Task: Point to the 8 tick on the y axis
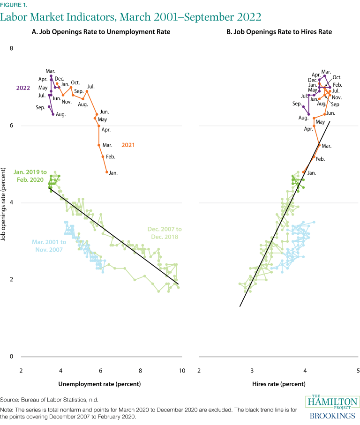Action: tap(12, 49)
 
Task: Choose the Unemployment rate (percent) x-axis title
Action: tap(99, 384)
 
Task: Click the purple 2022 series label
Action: tap(23, 88)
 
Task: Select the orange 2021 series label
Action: tap(128, 145)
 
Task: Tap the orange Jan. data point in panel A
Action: tap(107, 172)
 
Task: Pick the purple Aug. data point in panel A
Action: tap(53, 114)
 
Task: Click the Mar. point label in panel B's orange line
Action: tap(326, 146)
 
